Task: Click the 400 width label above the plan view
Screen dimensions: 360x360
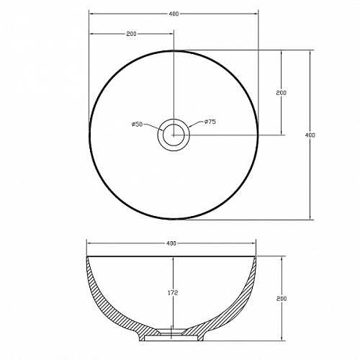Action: point(174,14)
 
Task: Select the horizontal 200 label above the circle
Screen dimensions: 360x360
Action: point(131,34)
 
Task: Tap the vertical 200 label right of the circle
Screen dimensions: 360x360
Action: point(282,93)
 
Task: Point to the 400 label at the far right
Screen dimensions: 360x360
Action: point(310,135)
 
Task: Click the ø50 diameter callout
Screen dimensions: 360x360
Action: point(138,124)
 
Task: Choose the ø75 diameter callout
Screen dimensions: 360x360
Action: point(210,122)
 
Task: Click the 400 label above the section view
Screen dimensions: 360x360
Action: point(171,243)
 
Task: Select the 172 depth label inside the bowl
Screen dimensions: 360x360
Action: point(173,293)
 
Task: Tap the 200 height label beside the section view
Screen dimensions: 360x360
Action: point(282,299)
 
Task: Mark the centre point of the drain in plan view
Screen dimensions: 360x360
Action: point(174,135)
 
